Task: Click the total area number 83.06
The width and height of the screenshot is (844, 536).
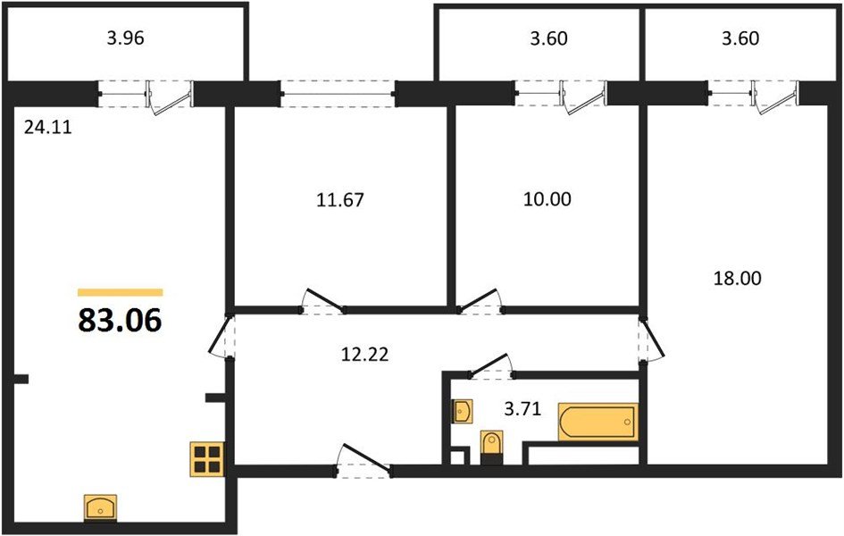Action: click(120, 320)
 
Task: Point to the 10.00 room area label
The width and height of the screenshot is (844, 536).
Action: click(547, 199)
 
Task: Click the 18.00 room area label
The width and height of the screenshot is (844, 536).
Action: click(738, 279)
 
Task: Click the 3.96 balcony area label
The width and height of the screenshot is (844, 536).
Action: click(126, 38)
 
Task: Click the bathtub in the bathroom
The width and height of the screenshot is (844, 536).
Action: click(597, 423)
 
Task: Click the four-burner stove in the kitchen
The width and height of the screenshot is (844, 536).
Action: click(207, 458)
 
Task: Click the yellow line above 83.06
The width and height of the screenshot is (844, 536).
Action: click(120, 292)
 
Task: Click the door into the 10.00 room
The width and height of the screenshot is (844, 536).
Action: click(480, 302)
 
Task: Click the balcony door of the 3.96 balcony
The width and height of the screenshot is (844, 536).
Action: click(170, 96)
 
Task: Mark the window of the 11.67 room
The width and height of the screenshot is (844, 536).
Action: click(338, 92)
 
